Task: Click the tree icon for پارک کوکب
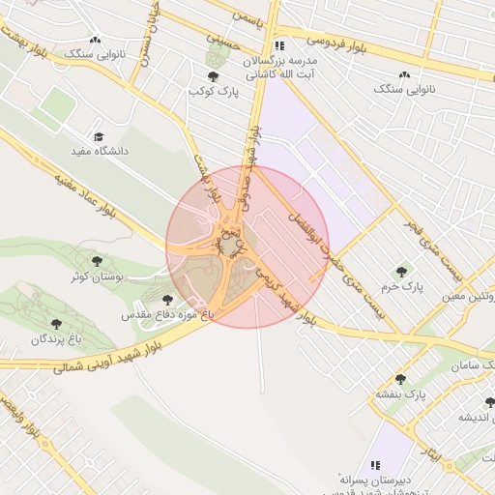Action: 213,75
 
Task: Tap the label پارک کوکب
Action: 213,91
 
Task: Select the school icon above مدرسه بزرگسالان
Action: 279,44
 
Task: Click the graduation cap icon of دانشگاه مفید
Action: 98,136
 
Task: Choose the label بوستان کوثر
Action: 95,277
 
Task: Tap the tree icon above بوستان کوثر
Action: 96,261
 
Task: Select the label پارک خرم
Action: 401,287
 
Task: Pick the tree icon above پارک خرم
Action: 401,272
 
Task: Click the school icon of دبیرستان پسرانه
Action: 374,463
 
